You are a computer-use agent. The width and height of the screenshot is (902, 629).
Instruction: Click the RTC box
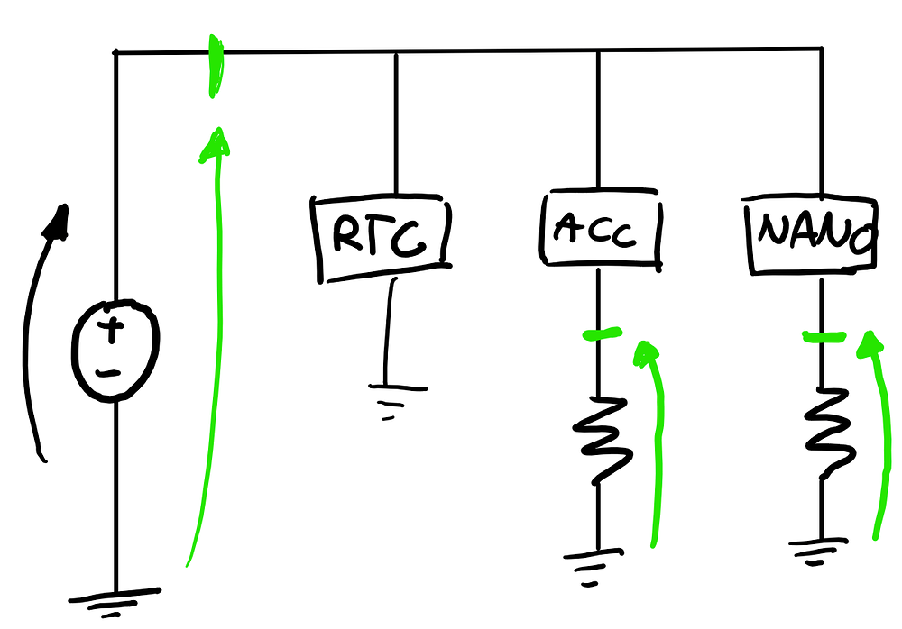(x=381, y=238)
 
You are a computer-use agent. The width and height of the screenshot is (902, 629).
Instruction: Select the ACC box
(x=601, y=228)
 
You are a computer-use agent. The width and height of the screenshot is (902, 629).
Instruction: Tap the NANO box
(x=811, y=235)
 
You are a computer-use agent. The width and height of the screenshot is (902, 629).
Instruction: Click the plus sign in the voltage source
(x=112, y=330)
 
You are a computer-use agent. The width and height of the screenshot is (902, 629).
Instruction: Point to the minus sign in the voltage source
(x=109, y=374)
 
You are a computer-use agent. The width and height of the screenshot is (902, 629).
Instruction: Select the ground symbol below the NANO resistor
(x=817, y=552)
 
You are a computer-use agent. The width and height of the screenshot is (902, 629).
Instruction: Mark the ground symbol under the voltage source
(x=115, y=602)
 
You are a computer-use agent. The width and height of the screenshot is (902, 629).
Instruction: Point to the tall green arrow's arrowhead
(x=216, y=143)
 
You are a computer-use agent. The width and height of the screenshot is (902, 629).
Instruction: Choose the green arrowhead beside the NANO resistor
(x=870, y=344)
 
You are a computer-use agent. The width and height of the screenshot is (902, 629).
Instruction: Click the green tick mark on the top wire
(x=216, y=67)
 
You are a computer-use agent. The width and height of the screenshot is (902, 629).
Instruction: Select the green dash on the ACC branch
(x=602, y=333)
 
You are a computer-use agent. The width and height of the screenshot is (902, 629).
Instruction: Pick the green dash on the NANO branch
(x=824, y=337)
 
